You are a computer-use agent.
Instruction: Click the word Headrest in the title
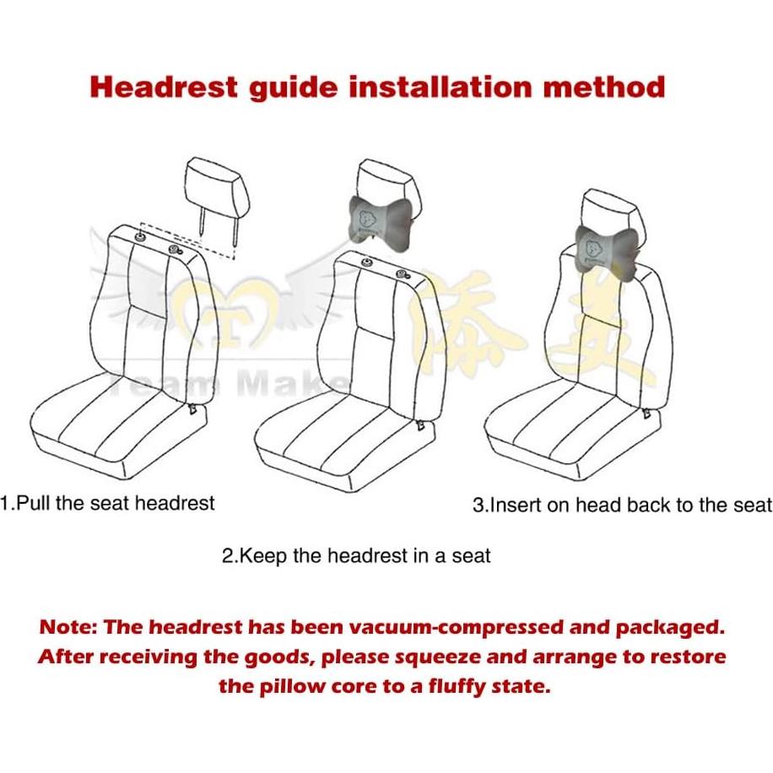164,87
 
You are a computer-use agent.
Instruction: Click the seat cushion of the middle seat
338,426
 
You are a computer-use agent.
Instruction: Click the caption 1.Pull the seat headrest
108,504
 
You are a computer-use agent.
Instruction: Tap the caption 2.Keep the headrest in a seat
355,556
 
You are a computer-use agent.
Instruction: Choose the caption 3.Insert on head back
622,505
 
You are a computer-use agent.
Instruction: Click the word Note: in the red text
68,628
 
